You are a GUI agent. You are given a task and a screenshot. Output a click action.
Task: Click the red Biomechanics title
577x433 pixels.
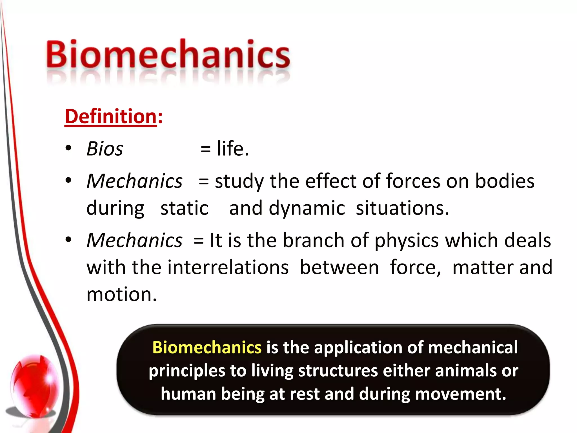(x=168, y=54)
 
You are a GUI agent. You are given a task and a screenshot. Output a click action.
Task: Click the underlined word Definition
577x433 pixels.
(x=110, y=116)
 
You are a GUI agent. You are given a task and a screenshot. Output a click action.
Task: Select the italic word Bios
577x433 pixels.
(x=105, y=149)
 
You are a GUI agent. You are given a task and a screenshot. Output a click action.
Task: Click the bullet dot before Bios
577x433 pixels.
(x=68, y=148)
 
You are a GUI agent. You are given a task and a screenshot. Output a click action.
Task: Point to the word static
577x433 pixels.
(x=184, y=208)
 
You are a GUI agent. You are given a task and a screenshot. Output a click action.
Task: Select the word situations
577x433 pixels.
(x=402, y=208)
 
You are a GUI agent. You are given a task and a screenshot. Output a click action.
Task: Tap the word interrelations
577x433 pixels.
(x=228, y=267)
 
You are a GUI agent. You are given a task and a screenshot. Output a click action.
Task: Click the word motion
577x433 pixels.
(x=121, y=294)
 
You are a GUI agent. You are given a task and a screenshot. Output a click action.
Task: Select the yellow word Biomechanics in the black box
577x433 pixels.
(x=207, y=347)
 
